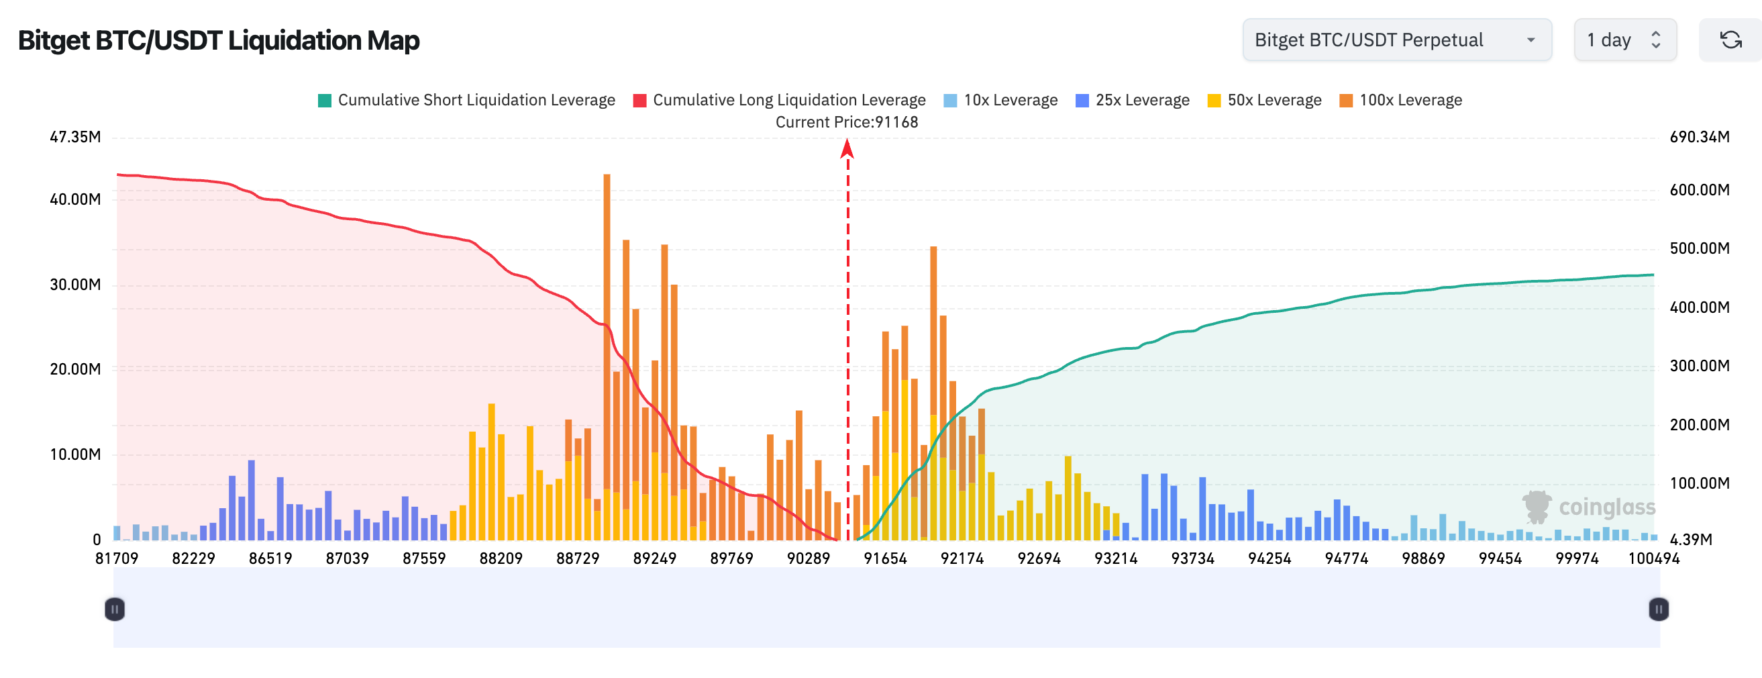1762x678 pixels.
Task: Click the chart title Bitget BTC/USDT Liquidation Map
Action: tap(218, 40)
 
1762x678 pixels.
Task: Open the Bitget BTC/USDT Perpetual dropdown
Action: tap(1396, 40)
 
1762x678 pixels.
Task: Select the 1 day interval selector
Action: tap(1624, 40)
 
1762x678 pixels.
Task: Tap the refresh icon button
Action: tap(1730, 40)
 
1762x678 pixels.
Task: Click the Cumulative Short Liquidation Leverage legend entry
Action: tap(466, 101)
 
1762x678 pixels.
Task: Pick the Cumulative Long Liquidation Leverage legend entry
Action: tap(779, 101)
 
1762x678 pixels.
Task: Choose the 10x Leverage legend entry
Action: tap(1000, 101)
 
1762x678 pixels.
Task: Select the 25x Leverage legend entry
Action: tap(1132, 101)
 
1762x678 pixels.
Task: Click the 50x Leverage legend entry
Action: tap(1264, 101)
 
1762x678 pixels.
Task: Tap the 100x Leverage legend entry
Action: tap(1400, 101)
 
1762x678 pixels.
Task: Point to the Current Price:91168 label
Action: tap(846, 122)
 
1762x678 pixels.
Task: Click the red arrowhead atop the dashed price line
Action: tap(847, 148)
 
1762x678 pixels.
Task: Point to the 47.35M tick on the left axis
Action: tap(75, 137)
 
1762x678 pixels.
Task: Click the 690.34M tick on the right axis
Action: tap(1699, 137)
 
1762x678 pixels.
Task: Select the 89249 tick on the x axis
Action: tap(654, 559)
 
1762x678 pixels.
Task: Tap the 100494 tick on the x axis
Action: tap(1653, 559)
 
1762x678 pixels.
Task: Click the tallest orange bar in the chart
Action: tap(607, 342)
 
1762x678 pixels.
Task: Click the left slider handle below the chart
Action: tap(115, 609)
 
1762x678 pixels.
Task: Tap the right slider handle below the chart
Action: tap(1658, 609)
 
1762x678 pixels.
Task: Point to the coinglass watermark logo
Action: tap(1588, 507)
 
